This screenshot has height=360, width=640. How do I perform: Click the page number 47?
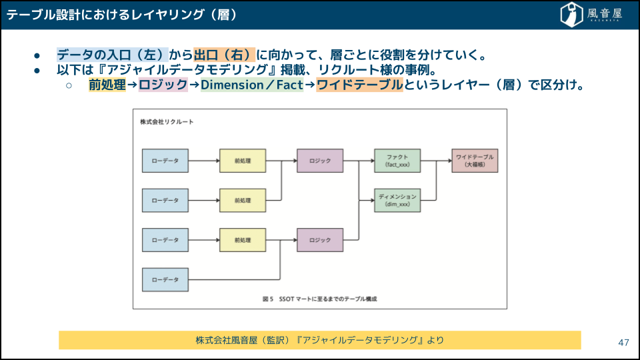pos(623,343)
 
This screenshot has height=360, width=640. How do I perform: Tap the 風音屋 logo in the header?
pos(592,13)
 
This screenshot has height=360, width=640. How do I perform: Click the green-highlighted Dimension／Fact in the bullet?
pos(252,85)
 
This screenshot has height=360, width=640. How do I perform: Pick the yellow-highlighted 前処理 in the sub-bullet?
pos(107,85)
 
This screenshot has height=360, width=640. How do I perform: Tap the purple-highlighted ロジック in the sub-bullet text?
pos(163,85)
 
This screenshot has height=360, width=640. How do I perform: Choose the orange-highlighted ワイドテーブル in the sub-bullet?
pos(359,85)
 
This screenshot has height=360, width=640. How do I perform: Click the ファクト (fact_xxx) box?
pos(397,161)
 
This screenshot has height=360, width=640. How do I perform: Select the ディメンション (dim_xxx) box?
pos(397,200)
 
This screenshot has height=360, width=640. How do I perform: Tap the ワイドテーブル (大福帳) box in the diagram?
pos(475,161)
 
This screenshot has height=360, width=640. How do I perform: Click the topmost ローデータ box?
pos(165,161)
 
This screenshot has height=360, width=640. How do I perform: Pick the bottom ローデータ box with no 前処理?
pos(165,279)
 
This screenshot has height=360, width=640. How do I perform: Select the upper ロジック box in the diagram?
pos(320,161)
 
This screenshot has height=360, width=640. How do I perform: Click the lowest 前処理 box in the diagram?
pos(243,239)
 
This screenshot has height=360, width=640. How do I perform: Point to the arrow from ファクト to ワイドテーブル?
pos(436,161)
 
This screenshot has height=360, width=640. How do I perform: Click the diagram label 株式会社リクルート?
pos(167,122)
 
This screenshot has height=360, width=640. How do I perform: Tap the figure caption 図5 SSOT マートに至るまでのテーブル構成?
pos(320,299)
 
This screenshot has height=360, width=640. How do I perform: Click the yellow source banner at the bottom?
pos(319,340)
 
